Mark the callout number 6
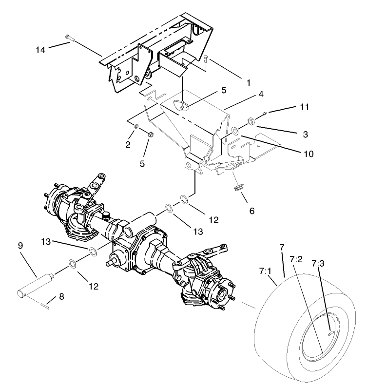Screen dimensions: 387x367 pyautogui.click(x=252, y=211)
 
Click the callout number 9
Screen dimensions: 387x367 pyautogui.click(x=20, y=246)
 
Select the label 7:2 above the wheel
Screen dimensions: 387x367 pyautogui.click(x=296, y=259)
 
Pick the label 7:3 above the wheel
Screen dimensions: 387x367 pyautogui.click(x=317, y=264)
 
